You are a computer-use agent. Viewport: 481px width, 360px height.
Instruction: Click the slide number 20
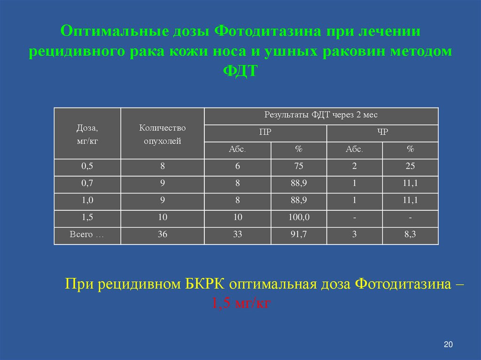448,345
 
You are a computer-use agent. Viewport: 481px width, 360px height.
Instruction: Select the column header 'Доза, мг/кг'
87,134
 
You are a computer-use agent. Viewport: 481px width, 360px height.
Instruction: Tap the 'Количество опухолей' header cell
162,134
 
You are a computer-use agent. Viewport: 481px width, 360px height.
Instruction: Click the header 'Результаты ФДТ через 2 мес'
321,115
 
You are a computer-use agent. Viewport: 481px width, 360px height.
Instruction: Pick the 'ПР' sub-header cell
265,132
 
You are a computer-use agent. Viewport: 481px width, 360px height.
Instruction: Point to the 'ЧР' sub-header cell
382,132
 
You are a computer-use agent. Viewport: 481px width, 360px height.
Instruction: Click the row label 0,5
87,167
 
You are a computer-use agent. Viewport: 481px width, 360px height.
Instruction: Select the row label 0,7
87,184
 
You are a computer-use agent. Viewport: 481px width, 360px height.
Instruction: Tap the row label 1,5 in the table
87,217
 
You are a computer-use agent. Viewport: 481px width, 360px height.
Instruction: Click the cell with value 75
299,167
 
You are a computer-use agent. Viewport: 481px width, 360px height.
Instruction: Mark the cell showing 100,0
299,217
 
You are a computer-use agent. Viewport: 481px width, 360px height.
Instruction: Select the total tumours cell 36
162,235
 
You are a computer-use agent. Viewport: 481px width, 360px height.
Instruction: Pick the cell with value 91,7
299,235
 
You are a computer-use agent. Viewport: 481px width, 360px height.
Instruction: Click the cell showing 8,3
410,235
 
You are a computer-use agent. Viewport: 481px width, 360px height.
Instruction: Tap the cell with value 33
237,235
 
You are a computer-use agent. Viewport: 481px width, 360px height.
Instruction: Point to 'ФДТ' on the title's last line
240,71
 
